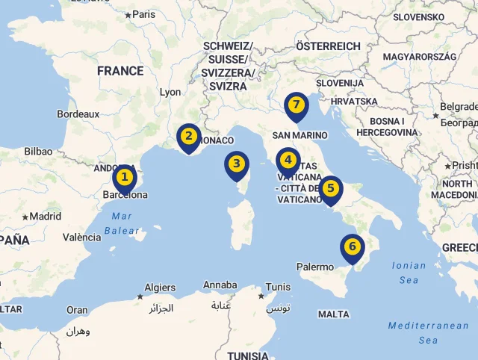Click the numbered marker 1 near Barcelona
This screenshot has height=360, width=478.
tap(125, 179)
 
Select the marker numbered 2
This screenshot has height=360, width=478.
tap(189, 137)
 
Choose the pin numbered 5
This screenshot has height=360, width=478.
tap(330, 189)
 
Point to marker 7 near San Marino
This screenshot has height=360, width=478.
tap(297, 105)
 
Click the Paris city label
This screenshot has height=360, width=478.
tap(143, 13)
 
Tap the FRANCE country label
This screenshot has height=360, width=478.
tap(119, 71)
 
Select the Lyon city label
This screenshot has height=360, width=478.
tap(170, 93)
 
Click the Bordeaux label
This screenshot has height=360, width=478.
tap(78, 114)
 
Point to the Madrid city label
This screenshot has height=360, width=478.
tap(45, 216)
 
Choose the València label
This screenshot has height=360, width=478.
tap(82, 238)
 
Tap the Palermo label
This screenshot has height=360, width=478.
tap(315, 267)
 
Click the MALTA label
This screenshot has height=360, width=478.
tap(333, 314)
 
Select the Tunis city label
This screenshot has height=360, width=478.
tap(278, 287)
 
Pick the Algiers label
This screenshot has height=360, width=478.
tap(160, 288)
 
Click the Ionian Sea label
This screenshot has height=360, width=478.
tap(409, 273)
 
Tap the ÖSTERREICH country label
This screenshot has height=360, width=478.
tap(328, 46)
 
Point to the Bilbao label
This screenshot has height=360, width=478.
tap(38, 151)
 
